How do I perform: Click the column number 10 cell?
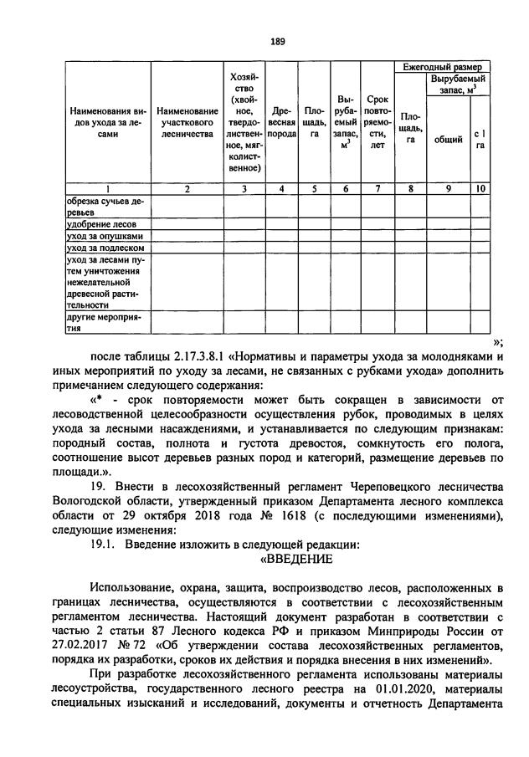click(480, 189)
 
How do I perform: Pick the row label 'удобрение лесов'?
click(97, 225)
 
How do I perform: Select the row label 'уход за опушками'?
click(99, 237)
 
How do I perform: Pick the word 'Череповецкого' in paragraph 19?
click(381, 488)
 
